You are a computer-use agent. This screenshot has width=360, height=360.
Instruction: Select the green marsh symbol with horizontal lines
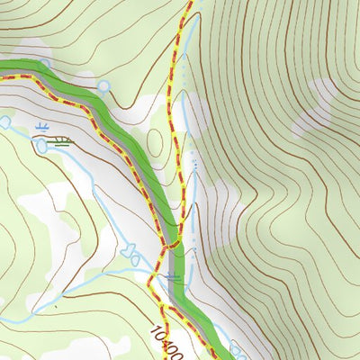(61, 139)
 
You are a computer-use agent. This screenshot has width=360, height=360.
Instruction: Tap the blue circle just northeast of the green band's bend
(103, 86)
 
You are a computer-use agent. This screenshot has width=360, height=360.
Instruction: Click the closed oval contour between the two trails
(155, 141)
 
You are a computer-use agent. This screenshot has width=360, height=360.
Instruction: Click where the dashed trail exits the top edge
(190, 3)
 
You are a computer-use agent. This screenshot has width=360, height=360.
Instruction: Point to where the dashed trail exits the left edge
(3, 76)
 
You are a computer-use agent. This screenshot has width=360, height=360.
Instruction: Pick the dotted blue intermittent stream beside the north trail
(193, 162)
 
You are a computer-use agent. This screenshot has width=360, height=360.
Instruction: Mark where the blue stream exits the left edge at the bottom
(3, 320)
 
